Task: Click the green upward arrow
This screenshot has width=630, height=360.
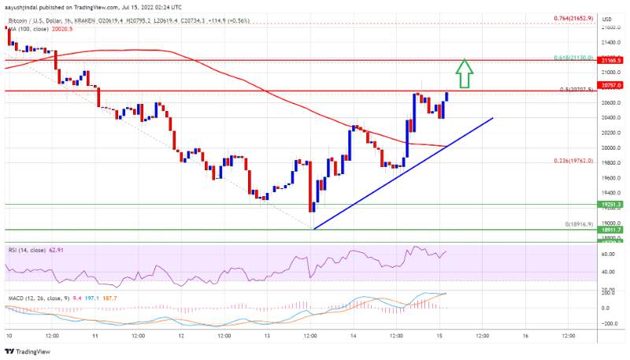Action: [465, 73]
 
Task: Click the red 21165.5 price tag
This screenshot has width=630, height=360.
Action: [611, 60]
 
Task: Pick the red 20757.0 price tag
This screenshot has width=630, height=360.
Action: [611, 84]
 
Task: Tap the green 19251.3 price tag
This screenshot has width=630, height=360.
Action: [611, 204]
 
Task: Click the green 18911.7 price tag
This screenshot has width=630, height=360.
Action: [611, 230]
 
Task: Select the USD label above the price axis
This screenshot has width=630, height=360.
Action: [608, 17]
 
